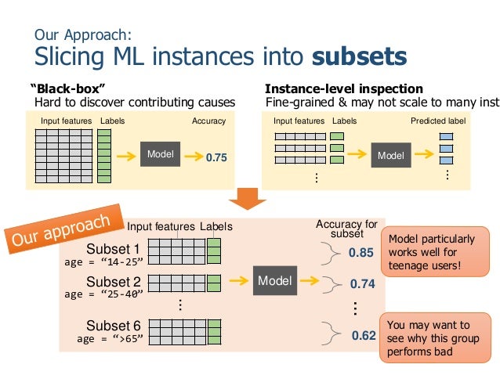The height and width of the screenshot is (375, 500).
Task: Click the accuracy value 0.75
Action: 216,157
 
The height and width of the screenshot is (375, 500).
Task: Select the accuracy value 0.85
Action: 361,253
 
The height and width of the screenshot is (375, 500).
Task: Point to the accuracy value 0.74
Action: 362,284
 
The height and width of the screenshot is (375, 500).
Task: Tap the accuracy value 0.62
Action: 363,336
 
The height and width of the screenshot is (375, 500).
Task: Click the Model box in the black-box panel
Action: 159,154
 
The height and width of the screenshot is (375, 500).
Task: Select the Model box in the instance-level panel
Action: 390,156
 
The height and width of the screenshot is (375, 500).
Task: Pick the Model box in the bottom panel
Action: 274,280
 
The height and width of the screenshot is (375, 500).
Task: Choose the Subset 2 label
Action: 113,281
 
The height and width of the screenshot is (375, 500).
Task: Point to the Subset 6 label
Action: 113,326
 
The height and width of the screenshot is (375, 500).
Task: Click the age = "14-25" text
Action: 104,262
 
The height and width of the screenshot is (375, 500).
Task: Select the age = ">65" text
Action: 111,340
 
